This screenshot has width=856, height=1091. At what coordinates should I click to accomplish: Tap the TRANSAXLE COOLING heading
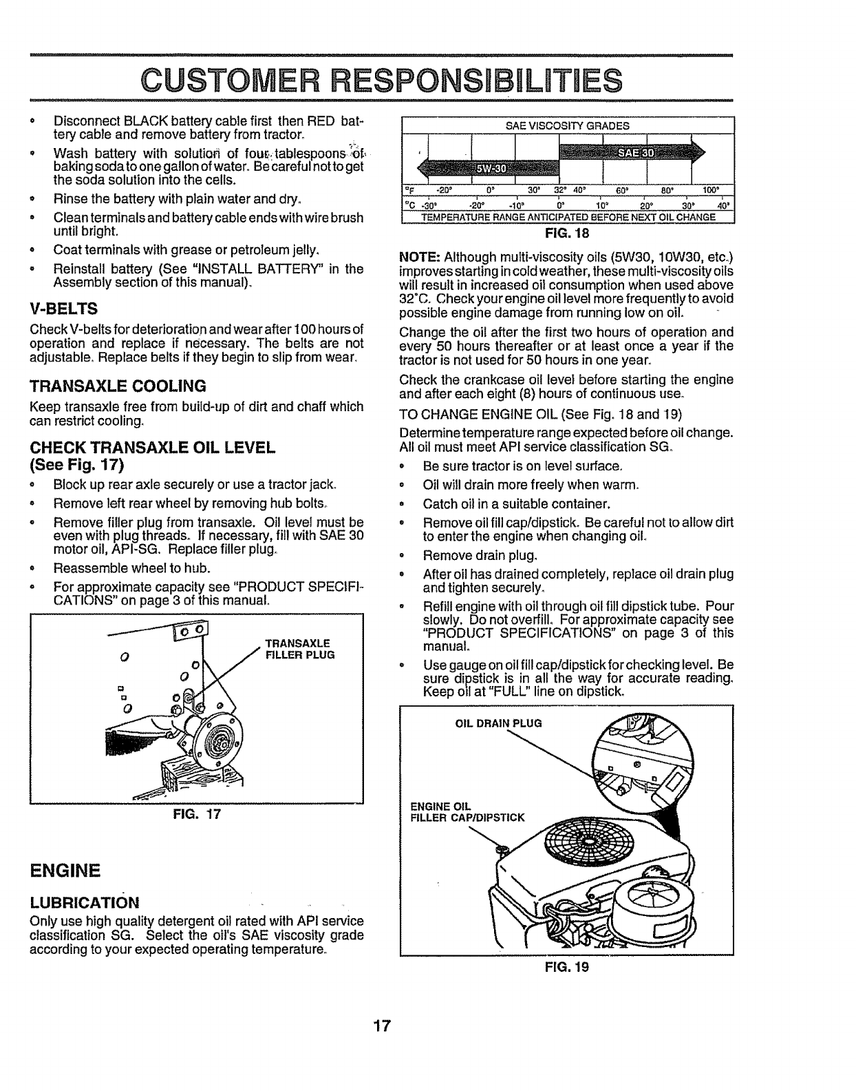118,385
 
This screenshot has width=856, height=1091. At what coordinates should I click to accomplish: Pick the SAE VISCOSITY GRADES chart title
568,126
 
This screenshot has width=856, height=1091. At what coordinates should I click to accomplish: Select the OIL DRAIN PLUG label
499,723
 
